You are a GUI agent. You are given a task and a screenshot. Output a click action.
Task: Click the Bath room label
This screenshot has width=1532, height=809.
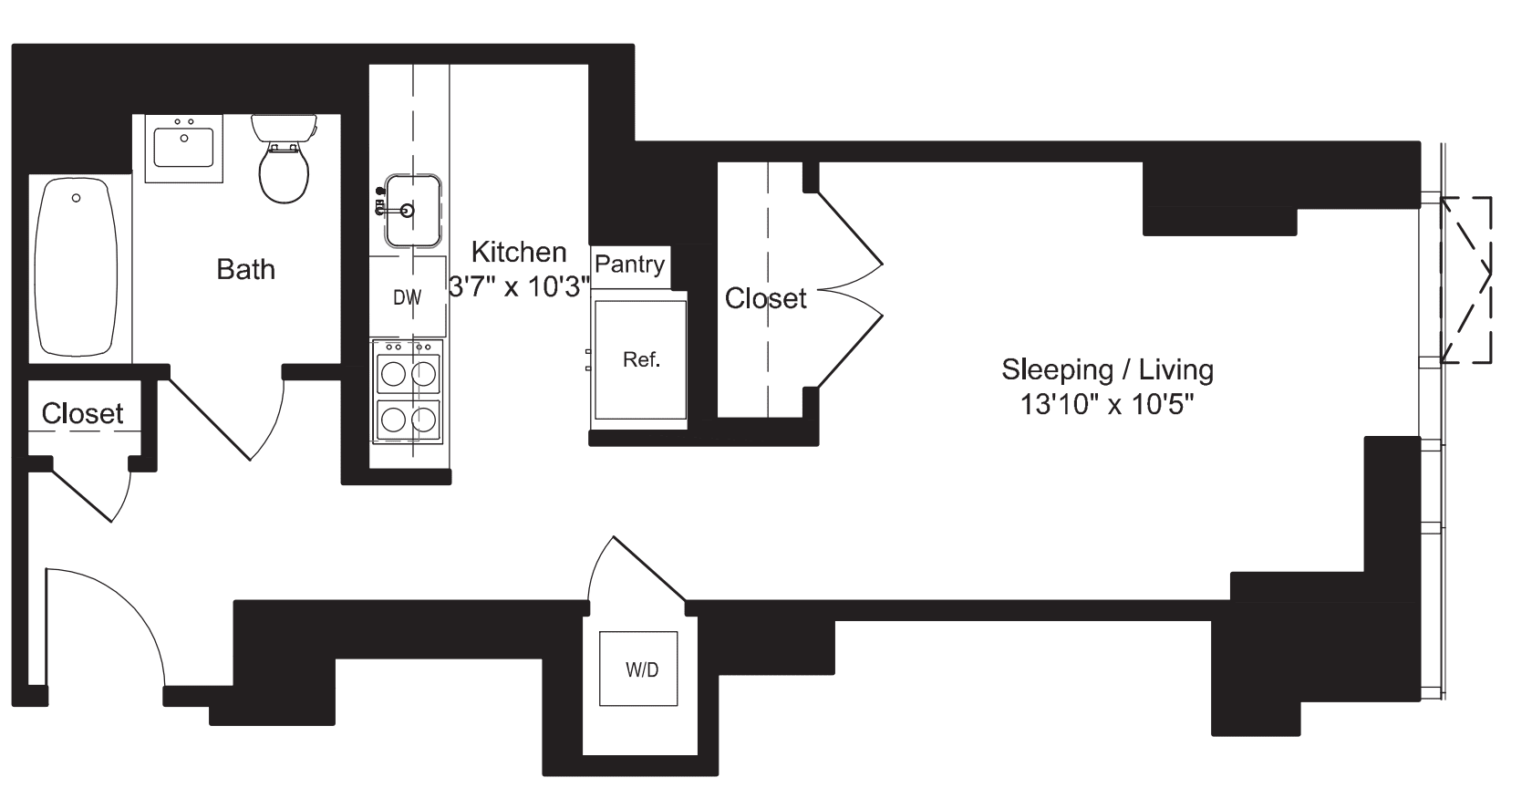point(245,269)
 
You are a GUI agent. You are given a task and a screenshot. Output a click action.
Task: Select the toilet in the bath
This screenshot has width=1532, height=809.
point(285,164)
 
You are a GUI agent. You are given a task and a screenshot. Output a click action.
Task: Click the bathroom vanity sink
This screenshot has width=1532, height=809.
point(183,147)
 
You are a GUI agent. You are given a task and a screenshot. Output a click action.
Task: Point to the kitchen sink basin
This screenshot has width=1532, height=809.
point(413,211)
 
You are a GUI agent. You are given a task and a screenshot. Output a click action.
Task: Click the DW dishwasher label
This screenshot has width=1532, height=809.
point(407,297)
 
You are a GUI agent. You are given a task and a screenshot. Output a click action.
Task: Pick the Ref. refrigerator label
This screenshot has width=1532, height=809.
point(641,360)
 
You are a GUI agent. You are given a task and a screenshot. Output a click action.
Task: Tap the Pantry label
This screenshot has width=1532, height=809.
point(629,264)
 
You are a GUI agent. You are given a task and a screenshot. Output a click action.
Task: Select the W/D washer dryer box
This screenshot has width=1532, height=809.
point(638,669)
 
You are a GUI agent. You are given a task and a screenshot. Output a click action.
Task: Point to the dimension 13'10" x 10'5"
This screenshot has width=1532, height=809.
point(1107,404)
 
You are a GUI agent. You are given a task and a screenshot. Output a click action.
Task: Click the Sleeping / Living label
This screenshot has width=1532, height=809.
point(1107,369)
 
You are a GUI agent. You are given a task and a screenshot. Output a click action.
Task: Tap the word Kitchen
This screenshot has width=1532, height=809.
point(518,252)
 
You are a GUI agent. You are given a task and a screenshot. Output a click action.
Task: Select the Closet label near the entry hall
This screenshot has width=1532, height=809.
point(82,414)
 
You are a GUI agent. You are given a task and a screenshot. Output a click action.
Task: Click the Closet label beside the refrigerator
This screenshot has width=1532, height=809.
point(765,298)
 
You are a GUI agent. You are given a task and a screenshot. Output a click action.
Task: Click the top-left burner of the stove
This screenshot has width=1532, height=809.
point(393,373)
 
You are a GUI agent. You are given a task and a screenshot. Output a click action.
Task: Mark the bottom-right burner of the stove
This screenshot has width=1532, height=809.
point(423,419)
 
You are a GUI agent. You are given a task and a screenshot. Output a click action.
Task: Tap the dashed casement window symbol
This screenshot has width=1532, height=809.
point(1465,279)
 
